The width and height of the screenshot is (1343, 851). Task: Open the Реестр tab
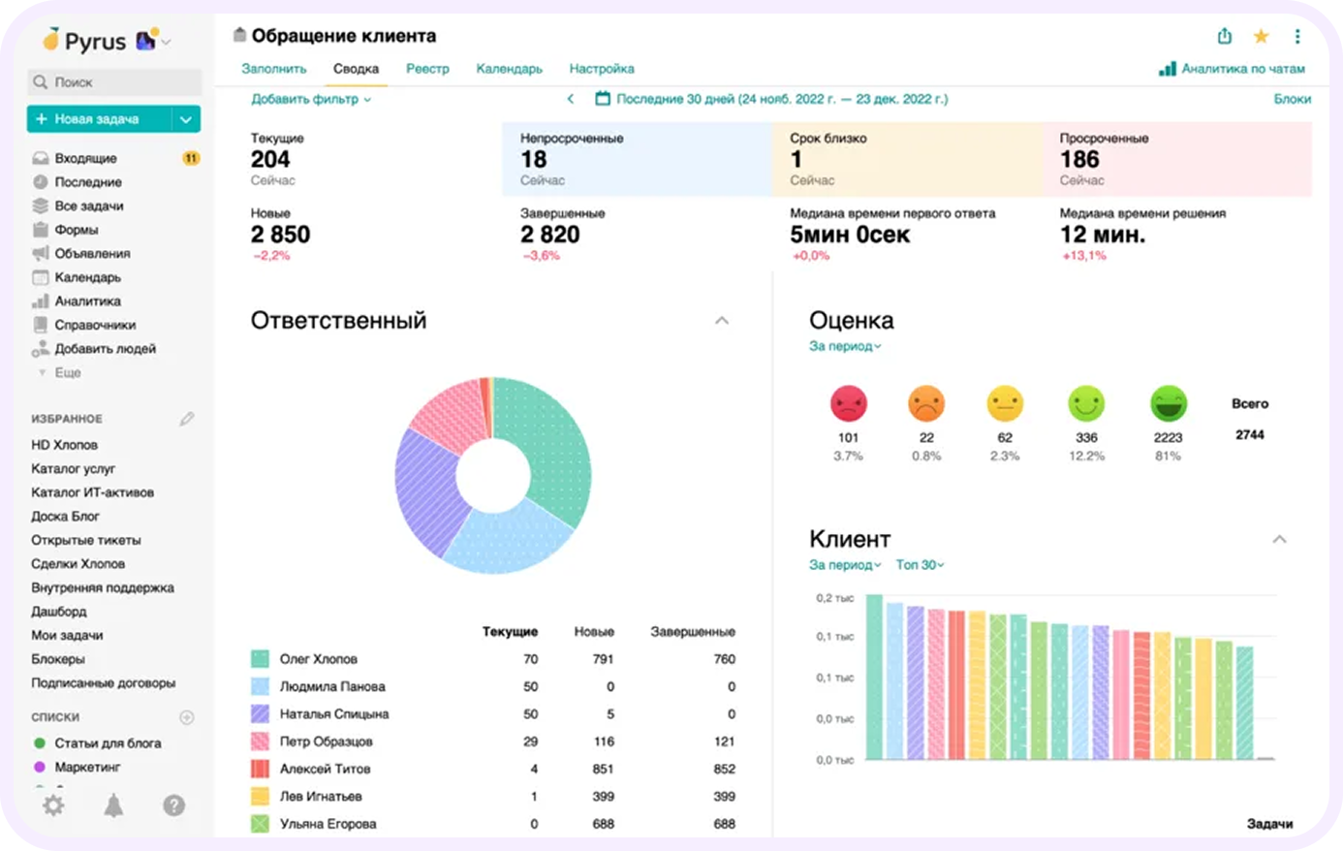pyautogui.click(x=427, y=69)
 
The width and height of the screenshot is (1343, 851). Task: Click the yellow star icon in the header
pyautogui.click(x=1261, y=37)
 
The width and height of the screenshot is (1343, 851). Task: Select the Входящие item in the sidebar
pyautogui.click(x=85, y=158)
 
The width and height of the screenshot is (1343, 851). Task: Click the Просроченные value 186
pyautogui.click(x=1079, y=160)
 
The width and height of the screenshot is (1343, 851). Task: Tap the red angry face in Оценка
pyautogui.click(x=848, y=403)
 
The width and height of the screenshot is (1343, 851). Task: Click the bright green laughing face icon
pyautogui.click(x=1168, y=403)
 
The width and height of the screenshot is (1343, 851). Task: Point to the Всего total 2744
pyautogui.click(x=1249, y=435)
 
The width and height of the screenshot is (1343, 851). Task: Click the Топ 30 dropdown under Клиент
pyautogui.click(x=919, y=565)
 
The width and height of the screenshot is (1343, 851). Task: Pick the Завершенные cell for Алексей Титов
pyautogui.click(x=724, y=769)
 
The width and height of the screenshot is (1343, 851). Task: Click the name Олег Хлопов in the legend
pyautogui.click(x=319, y=659)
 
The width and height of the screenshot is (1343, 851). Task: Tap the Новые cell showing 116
pyautogui.click(x=604, y=741)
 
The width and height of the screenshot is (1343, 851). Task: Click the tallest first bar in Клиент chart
pyautogui.click(x=874, y=677)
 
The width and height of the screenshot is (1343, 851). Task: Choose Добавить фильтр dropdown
pyautogui.click(x=310, y=99)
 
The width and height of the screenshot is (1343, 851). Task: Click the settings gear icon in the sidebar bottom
pyautogui.click(x=53, y=805)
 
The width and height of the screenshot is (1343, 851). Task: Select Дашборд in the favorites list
pyautogui.click(x=59, y=612)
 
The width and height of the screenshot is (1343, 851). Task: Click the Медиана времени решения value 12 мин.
pyautogui.click(x=1102, y=235)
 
